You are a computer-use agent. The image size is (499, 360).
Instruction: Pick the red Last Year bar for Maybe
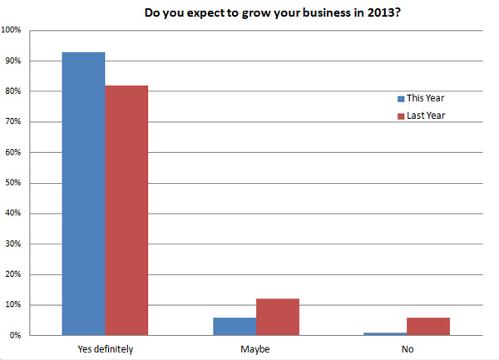(278, 317)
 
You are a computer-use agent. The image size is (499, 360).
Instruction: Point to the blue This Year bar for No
(385, 333)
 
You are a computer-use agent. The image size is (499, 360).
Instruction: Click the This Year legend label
(426, 98)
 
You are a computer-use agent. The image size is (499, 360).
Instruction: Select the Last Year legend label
(426, 116)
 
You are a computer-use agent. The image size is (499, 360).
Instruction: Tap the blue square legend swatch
(398, 98)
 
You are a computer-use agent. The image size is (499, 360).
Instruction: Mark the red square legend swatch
(398, 116)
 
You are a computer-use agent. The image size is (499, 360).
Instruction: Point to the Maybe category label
(256, 349)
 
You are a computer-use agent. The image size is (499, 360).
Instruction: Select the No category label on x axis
(407, 349)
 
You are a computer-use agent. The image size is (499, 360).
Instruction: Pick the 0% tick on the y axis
(16, 336)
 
